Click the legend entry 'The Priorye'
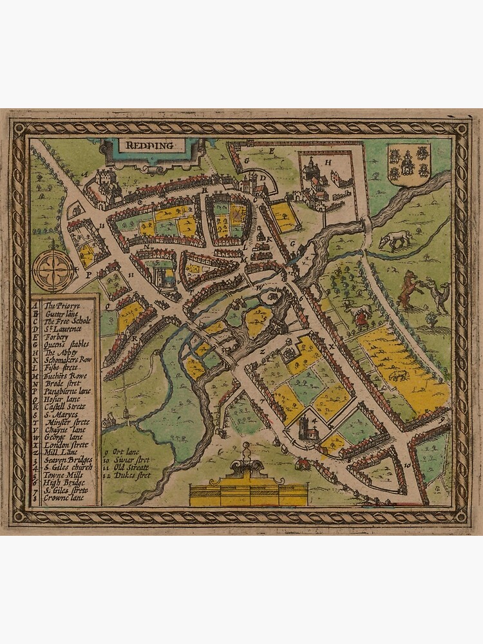tap(61, 305)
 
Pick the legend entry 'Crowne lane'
tap(65, 498)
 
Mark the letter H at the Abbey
tap(327, 163)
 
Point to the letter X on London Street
tap(332, 346)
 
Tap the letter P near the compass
tap(88, 274)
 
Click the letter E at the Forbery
tap(272, 151)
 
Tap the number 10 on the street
tap(408, 464)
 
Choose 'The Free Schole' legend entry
tap(68, 320)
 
